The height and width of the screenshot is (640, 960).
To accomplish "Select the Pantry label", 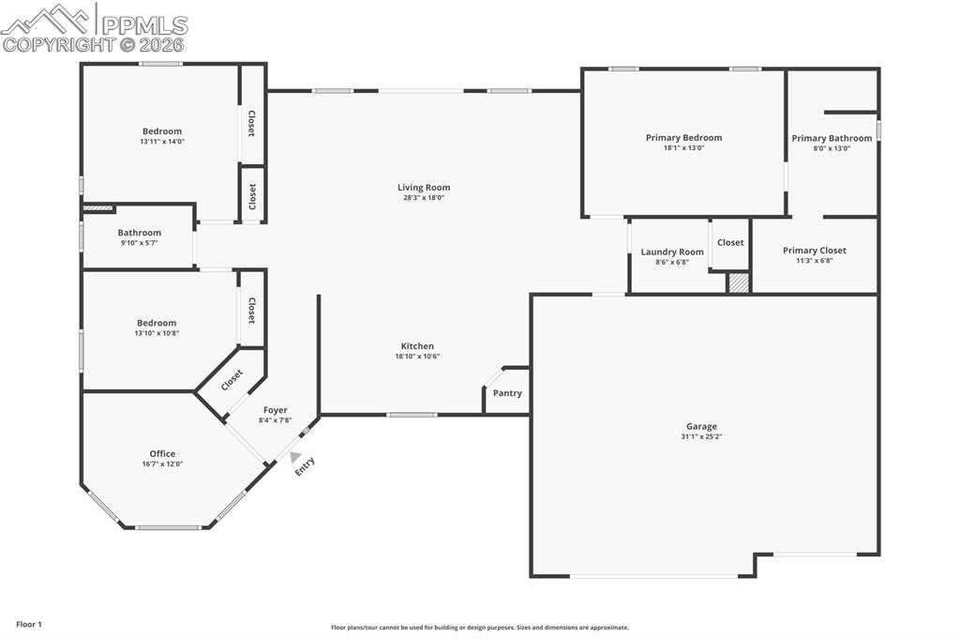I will coord(507,393).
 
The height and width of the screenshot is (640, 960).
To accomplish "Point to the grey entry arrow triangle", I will coord(295,457).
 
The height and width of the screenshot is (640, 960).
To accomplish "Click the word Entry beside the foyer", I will coord(306,466).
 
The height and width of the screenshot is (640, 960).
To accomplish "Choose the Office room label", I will coord(162,454).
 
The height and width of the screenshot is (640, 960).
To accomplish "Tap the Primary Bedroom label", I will coord(683,138).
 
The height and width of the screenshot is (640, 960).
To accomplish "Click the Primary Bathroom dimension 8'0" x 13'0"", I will coord(832,148).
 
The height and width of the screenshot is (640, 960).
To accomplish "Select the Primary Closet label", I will coord(814,251).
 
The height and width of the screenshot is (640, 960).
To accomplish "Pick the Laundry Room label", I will coord(672,252).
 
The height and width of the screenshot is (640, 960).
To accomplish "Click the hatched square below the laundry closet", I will coord(739,282).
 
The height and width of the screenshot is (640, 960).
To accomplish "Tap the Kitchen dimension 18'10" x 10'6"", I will coord(417,357).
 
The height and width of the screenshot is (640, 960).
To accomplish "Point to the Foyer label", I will coord(275,410).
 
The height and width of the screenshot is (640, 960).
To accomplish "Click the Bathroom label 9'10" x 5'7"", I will coord(140,233).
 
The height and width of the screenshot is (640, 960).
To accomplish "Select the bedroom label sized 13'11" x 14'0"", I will coord(162,131).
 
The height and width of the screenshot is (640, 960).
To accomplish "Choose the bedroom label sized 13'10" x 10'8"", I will coord(157,323).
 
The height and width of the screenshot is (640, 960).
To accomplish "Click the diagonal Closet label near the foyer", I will coord(232,380).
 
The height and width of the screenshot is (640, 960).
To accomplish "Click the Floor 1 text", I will coord(29,624).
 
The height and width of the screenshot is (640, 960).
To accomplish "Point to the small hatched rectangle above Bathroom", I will coord(97,208).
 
